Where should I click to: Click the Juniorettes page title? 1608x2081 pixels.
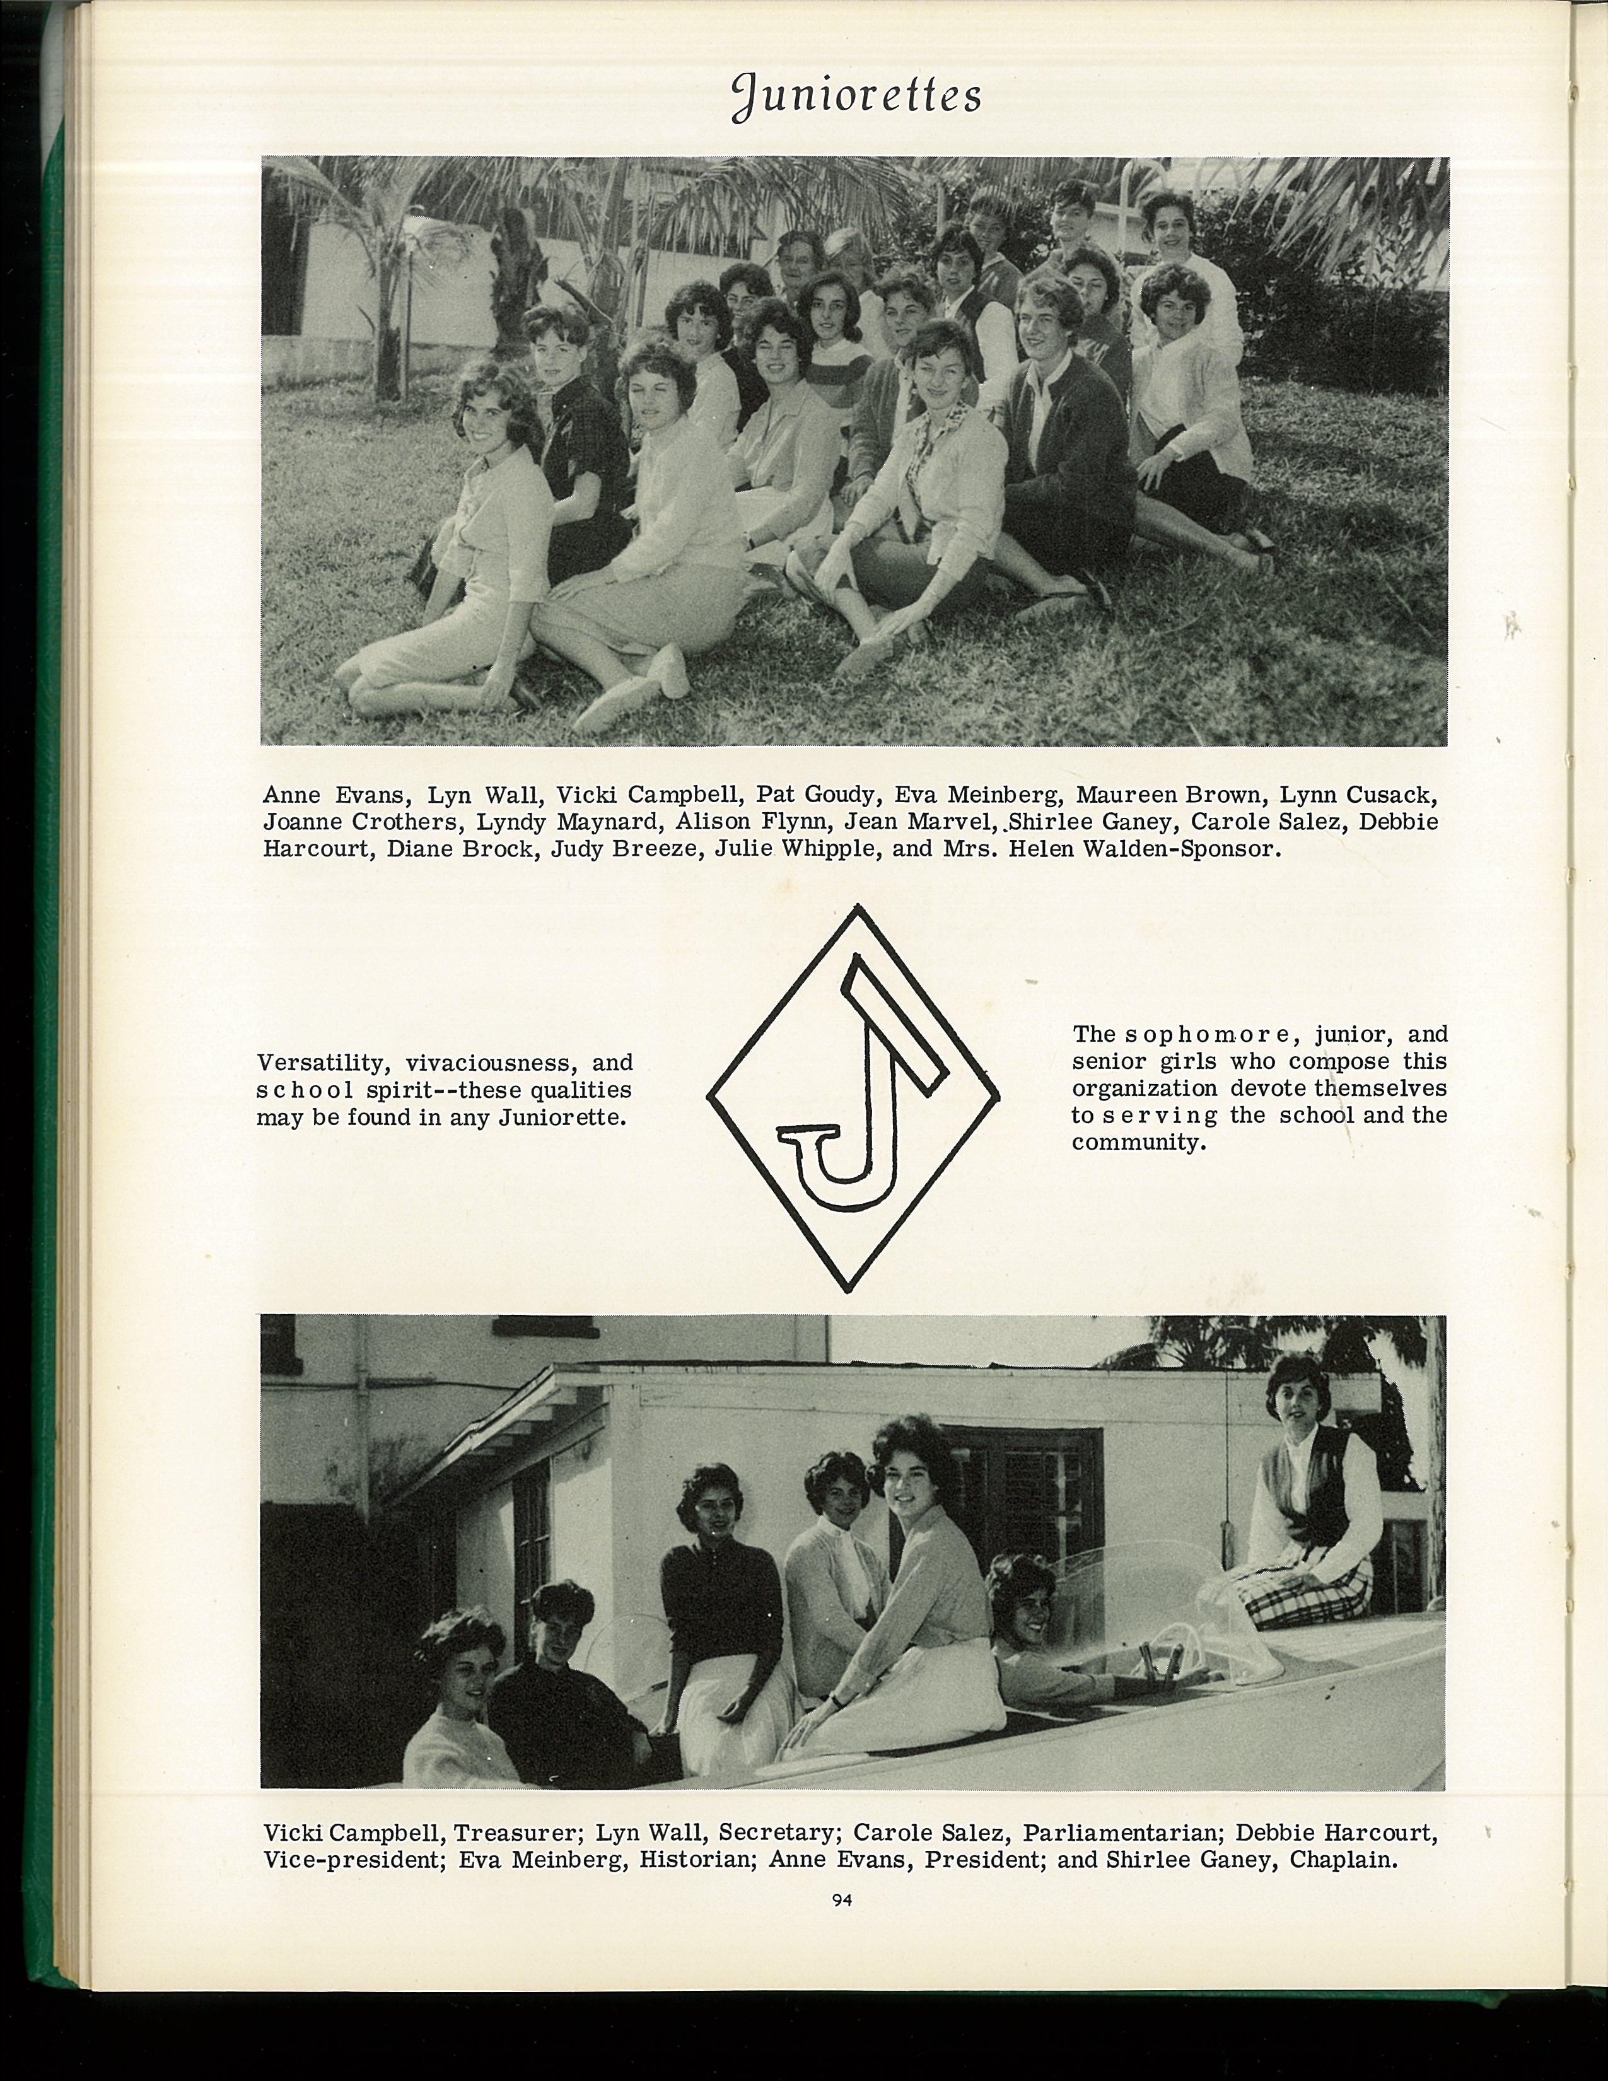point(856,97)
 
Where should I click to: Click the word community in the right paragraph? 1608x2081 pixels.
point(1138,1143)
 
